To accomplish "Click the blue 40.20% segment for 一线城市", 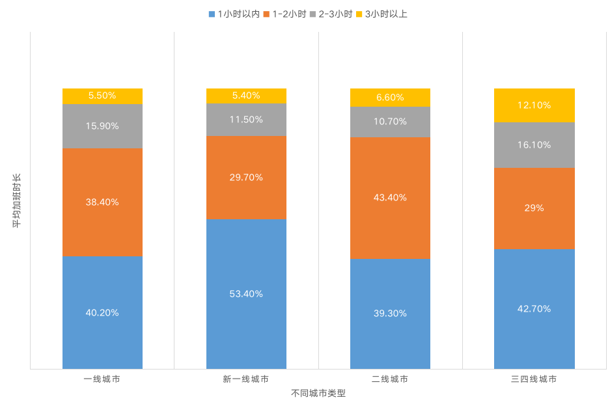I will (102, 312).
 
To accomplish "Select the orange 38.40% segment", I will (102, 202).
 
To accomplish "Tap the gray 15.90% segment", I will (102, 126).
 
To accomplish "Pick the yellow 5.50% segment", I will (102, 96).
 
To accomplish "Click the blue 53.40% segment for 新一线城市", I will (246, 293).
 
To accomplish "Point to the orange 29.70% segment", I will (246, 177).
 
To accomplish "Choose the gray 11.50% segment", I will (246, 120).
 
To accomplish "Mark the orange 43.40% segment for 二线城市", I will (390, 197).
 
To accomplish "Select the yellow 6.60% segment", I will (390, 98).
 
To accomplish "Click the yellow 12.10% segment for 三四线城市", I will (534, 105).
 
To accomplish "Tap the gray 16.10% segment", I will (534, 144).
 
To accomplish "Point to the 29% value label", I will (534, 208).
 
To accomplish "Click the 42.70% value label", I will (534, 308).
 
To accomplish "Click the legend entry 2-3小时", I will (331, 14).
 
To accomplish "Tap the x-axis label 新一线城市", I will (246, 379).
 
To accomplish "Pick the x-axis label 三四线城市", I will (534, 379).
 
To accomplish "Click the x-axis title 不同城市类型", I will (318, 394).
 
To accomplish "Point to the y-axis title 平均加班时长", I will (17, 200).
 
